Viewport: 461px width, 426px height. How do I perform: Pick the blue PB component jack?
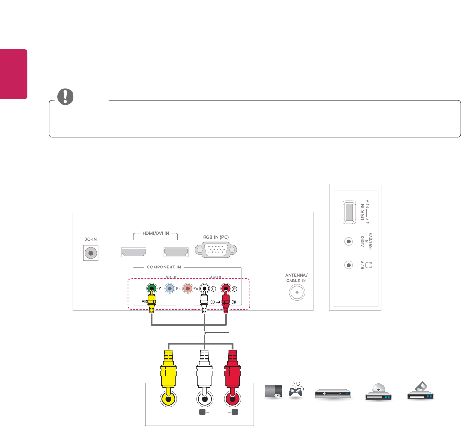[x=170, y=289]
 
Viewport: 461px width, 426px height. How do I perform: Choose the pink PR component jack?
[x=188, y=289]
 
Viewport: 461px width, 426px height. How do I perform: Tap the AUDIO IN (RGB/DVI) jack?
[x=349, y=241]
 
